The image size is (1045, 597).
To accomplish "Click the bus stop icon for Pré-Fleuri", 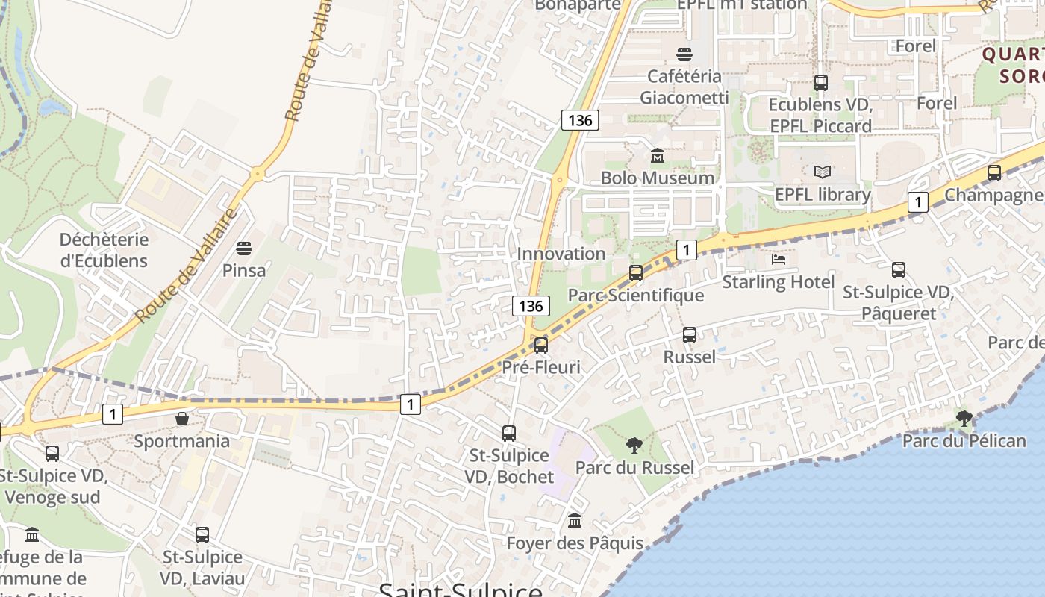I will click(x=541, y=345).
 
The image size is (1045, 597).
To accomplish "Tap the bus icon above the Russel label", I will click(x=690, y=335).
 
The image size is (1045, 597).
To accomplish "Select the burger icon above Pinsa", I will click(x=244, y=248).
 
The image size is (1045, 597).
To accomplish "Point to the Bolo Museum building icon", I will click(x=658, y=155).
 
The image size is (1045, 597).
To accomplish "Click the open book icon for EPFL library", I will click(x=823, y=172).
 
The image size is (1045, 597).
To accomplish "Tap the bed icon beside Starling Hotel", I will click(x=779, y=260).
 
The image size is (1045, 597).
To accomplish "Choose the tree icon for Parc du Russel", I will click(x=634, y=446).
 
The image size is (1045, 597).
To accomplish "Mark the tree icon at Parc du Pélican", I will click(x=964, y=418).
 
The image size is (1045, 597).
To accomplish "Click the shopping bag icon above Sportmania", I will click(x=181, y=419).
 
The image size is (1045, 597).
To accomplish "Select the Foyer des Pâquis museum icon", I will click(x=575, y=520).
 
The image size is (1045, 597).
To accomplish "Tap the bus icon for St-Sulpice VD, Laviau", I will click(x=202, y=534).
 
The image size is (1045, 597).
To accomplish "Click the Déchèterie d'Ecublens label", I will click(x=104, y=250).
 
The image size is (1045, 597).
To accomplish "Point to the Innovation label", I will click(x=561, y=254).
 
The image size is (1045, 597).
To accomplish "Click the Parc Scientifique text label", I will click(x=636, y=296).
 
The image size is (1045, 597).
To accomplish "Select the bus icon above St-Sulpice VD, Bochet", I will click(x=509, y=433).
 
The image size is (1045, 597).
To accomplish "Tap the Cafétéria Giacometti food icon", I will click(x=684, y=54).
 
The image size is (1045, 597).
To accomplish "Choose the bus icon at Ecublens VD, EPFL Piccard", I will click(x=821, y=83).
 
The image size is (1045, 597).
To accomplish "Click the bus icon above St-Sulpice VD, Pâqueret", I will click(x=899, y=270).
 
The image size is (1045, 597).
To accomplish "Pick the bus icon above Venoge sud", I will click(x=52, y=453).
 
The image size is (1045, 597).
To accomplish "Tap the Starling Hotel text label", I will click(x=779, y=282).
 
